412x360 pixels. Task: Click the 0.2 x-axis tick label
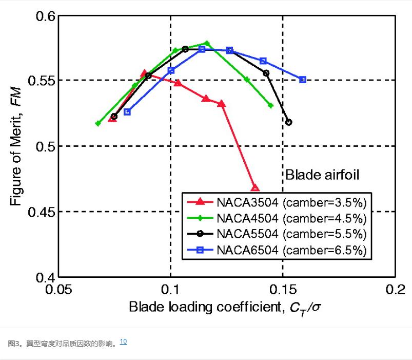click(x=395, y=290)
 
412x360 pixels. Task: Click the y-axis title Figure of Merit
click(x=17, y=146)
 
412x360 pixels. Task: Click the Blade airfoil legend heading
click(x=322, y=175)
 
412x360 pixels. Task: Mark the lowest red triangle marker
click(x=255, y=188)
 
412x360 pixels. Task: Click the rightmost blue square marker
click(x=303, y=80)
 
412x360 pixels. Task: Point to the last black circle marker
click(x=289, y=122)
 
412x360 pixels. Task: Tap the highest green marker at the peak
click(x=207, y=43)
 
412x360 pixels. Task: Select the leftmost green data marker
click(x=98, y=124)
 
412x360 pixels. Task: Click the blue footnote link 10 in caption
click(x=123, y=341)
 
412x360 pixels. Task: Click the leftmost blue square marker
click(x=127, y=112)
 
